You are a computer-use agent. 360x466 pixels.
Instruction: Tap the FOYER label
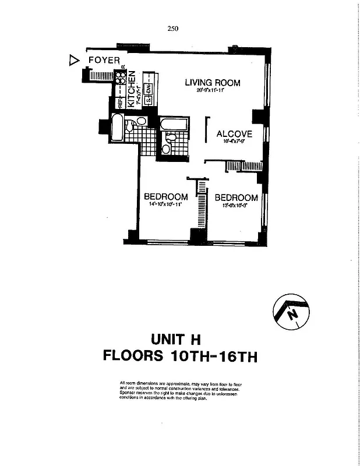pyautogui.click(x=104, y=60)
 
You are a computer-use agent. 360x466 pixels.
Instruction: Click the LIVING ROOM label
pyautogui.click(x=212, y=83)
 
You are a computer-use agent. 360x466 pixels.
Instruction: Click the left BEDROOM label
pyautogui.click(x=165, y=197)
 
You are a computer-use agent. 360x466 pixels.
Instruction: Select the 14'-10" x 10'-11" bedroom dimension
pyautogui.click(x=165, y=205)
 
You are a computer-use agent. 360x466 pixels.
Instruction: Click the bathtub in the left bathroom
pyautogui.click(x=117, y=128)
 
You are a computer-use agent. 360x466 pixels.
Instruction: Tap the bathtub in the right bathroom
pyautogui.click(x=174, y=125)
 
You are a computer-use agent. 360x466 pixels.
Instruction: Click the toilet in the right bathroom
pyautogui.click(x=165, y=149)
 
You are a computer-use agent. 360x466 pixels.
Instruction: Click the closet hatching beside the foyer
pyautogui.click(x=102, y=75)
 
